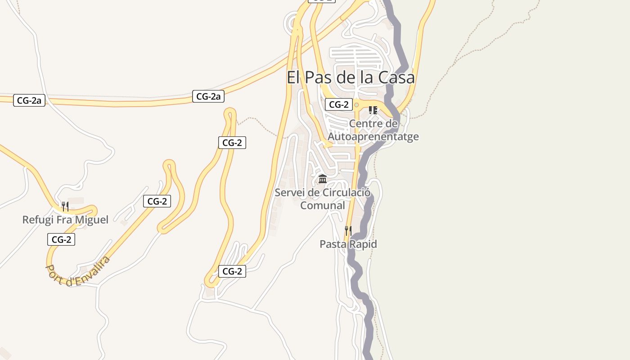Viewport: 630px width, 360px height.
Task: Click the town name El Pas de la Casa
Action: tap(351, 77)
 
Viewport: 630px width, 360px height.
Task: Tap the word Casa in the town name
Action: tap(396, 77)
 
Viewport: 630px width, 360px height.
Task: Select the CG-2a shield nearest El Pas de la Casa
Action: tap(208, 96)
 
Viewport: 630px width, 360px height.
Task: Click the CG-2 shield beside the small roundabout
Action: tap(339, 105)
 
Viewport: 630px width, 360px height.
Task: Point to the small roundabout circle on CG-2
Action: tap(356, 105)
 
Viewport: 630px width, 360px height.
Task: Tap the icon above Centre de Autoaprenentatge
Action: tap(373, 110)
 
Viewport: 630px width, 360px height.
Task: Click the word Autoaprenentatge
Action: tap(373, 136)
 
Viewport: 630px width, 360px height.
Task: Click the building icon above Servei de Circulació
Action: tap(323, 180)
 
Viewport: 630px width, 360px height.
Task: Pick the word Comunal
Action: tap(323, 206)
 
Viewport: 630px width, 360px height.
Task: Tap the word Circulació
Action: tap(345, 193)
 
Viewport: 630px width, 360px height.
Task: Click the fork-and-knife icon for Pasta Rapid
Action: tap(348, 231)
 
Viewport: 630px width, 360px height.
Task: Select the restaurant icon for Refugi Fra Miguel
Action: tap(65, 207)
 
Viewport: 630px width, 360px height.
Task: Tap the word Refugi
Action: tap(36, 220)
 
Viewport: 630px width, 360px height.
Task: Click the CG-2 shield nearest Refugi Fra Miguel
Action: tap(61, 239)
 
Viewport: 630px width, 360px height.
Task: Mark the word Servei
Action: tap(290, 193)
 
